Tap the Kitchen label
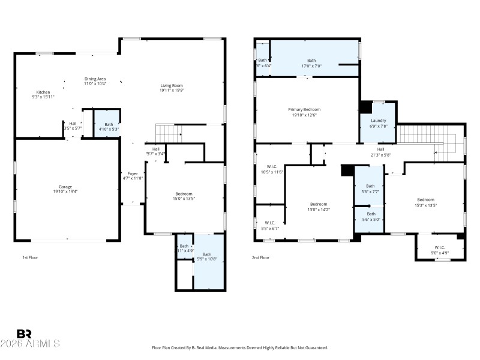[43, 92]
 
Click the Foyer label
[133, 173]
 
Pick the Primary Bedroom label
[304, 109]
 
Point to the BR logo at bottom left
[24, 334]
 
